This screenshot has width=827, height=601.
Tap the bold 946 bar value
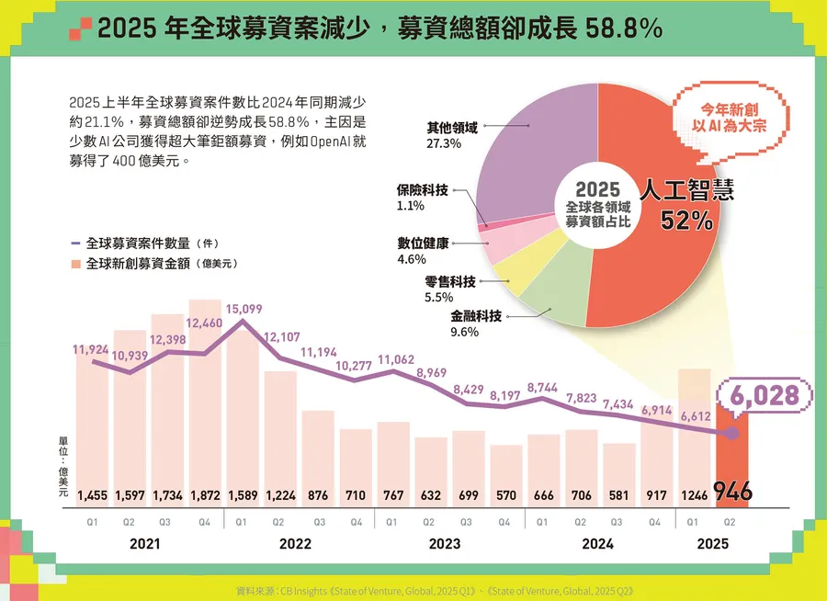pos(732,493)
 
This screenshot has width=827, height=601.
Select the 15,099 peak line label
pos(244,309)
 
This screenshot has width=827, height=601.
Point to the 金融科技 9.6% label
pos(475,323)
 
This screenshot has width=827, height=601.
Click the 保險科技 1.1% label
pos(422,198)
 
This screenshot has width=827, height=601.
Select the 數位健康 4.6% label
pos(423,251)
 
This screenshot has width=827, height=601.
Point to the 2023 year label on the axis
pos(445,544)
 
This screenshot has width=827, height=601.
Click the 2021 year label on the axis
pos(145,544)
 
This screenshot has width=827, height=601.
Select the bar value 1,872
pos(206,495)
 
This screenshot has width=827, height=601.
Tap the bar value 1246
pos(695,495)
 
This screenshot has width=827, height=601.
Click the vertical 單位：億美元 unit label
pos(62,468)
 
